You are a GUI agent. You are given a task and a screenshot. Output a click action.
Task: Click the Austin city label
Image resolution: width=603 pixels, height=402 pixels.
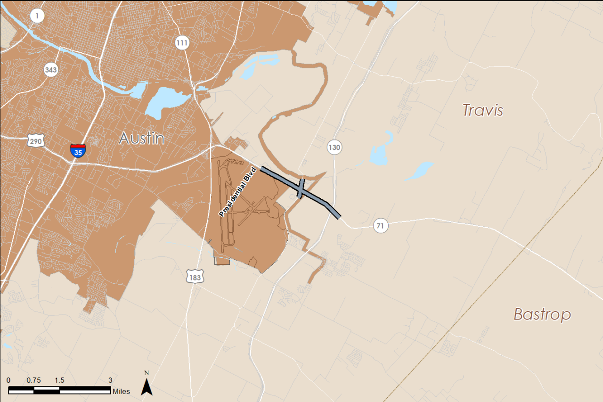tap(142, 138)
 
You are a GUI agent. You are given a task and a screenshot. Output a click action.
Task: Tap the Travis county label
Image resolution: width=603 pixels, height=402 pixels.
tap(482, 110)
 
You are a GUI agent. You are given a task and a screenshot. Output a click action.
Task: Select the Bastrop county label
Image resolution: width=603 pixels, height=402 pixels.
tap(542, 314)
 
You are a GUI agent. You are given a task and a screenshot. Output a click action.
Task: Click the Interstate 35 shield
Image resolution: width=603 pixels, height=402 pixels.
tap(78, 150)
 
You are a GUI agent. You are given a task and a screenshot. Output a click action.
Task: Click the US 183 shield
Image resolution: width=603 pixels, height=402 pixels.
tap(194, 277)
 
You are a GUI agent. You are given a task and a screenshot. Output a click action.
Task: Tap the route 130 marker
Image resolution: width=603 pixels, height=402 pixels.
tap(334, 148)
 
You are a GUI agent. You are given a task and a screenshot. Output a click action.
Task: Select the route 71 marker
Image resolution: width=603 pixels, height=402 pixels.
tap(381, 226)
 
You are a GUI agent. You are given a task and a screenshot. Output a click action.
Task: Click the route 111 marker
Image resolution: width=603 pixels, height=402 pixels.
tap(182, 43)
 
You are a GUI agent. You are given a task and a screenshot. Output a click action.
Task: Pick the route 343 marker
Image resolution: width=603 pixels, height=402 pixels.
tap(51, 70)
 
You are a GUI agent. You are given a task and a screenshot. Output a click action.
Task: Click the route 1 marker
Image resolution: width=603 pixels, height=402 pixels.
tap(37, 16)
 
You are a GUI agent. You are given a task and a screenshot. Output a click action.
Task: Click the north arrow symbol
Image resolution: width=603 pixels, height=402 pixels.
tap(147, 387)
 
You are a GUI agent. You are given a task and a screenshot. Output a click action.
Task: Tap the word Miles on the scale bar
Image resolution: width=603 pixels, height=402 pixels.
tap(121, 391)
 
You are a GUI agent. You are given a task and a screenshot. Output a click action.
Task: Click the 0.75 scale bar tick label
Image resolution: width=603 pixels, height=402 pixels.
tap(34, 380)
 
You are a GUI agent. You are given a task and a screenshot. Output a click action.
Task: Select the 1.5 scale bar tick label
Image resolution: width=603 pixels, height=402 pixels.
tap(59, 380)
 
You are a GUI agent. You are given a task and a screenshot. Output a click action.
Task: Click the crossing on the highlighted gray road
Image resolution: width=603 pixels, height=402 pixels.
tap(301, 188)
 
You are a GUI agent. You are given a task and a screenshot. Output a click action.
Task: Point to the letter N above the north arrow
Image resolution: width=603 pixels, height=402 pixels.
tap(147, 373)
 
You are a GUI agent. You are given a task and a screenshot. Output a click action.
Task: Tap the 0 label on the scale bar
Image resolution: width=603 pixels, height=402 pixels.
tap(9, 380)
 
